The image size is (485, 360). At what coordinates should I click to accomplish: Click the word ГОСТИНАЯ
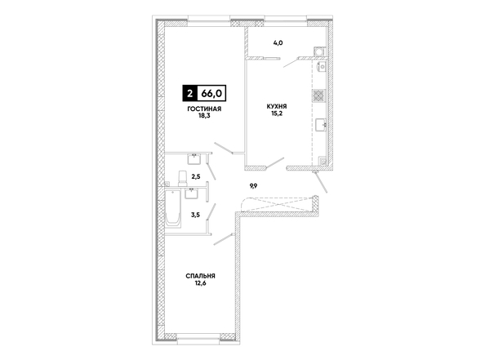(204, 109)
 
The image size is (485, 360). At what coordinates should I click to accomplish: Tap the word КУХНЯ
(277, 106)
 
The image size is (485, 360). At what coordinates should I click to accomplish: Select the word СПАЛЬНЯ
(200, 276)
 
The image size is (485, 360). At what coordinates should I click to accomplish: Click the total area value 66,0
(211, 93)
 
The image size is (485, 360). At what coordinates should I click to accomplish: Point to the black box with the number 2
(189, 93)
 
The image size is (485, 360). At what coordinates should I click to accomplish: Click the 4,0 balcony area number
(278, 43)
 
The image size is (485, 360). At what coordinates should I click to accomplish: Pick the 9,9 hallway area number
(254, 186)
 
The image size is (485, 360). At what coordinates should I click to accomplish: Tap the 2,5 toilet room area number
(196, 177)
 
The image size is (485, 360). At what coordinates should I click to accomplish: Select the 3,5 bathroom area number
(195, 215)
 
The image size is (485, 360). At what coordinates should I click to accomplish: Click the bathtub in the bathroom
(173, 208)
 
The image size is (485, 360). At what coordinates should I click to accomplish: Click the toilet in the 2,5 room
(182, 179)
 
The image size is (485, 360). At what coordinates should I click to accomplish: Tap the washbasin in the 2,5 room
(194, 159)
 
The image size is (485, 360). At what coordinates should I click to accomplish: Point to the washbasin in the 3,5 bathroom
(192, 193)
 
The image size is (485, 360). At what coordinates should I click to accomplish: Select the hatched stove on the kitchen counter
(318, 96)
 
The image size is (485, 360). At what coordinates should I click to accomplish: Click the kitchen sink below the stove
(321, 124)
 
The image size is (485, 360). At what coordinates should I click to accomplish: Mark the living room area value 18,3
(204, 116)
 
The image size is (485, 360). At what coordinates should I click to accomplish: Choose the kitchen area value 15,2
(277, 113)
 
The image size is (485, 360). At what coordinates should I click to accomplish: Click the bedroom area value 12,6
(200, 283)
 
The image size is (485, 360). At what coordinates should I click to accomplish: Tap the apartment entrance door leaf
(321, 183)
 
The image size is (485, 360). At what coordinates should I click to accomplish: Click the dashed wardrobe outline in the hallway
(276, 204)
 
